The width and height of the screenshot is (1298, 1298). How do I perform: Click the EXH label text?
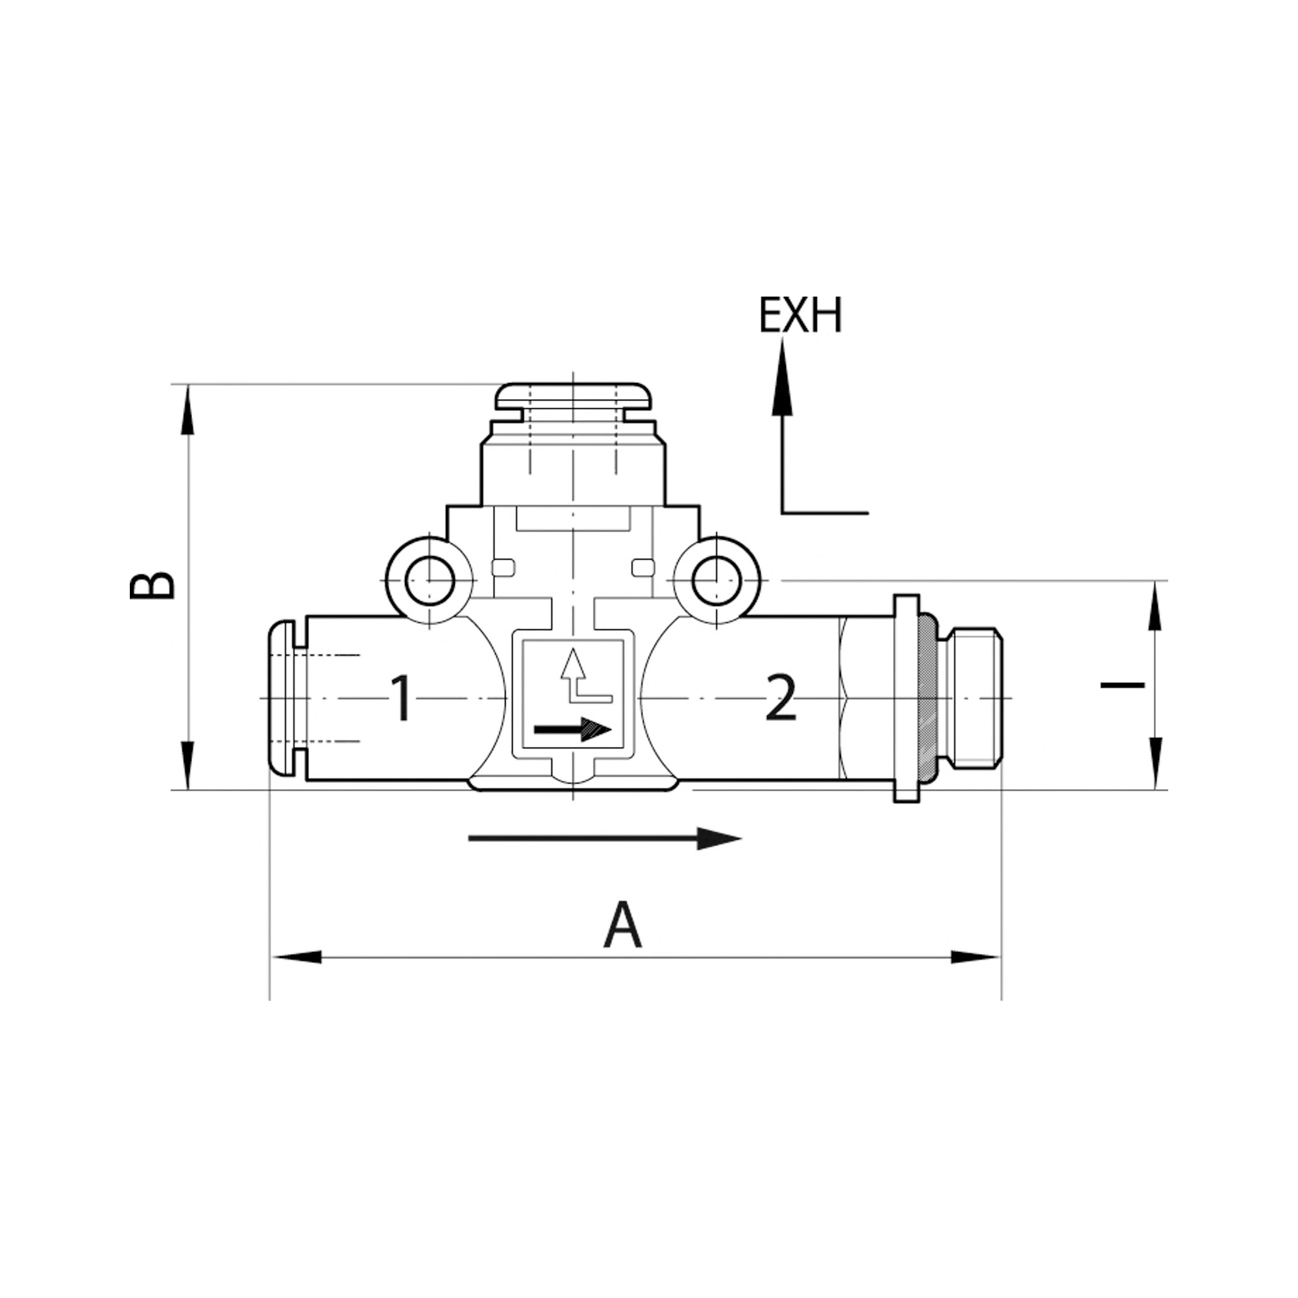coord(800,316)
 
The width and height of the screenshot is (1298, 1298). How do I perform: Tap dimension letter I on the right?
coord(1122,685)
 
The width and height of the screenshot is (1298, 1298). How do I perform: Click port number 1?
coord(401,699)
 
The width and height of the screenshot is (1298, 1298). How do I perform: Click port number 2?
coord(781,699)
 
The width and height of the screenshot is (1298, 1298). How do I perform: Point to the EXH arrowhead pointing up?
coord(782,376)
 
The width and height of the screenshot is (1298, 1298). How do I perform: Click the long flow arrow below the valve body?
coord(605,839)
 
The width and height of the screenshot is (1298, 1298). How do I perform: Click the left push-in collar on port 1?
coord(282,699)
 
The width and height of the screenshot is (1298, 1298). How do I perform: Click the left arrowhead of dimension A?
coord(295,957)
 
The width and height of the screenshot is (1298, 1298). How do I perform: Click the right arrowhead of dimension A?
coord(975,957)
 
